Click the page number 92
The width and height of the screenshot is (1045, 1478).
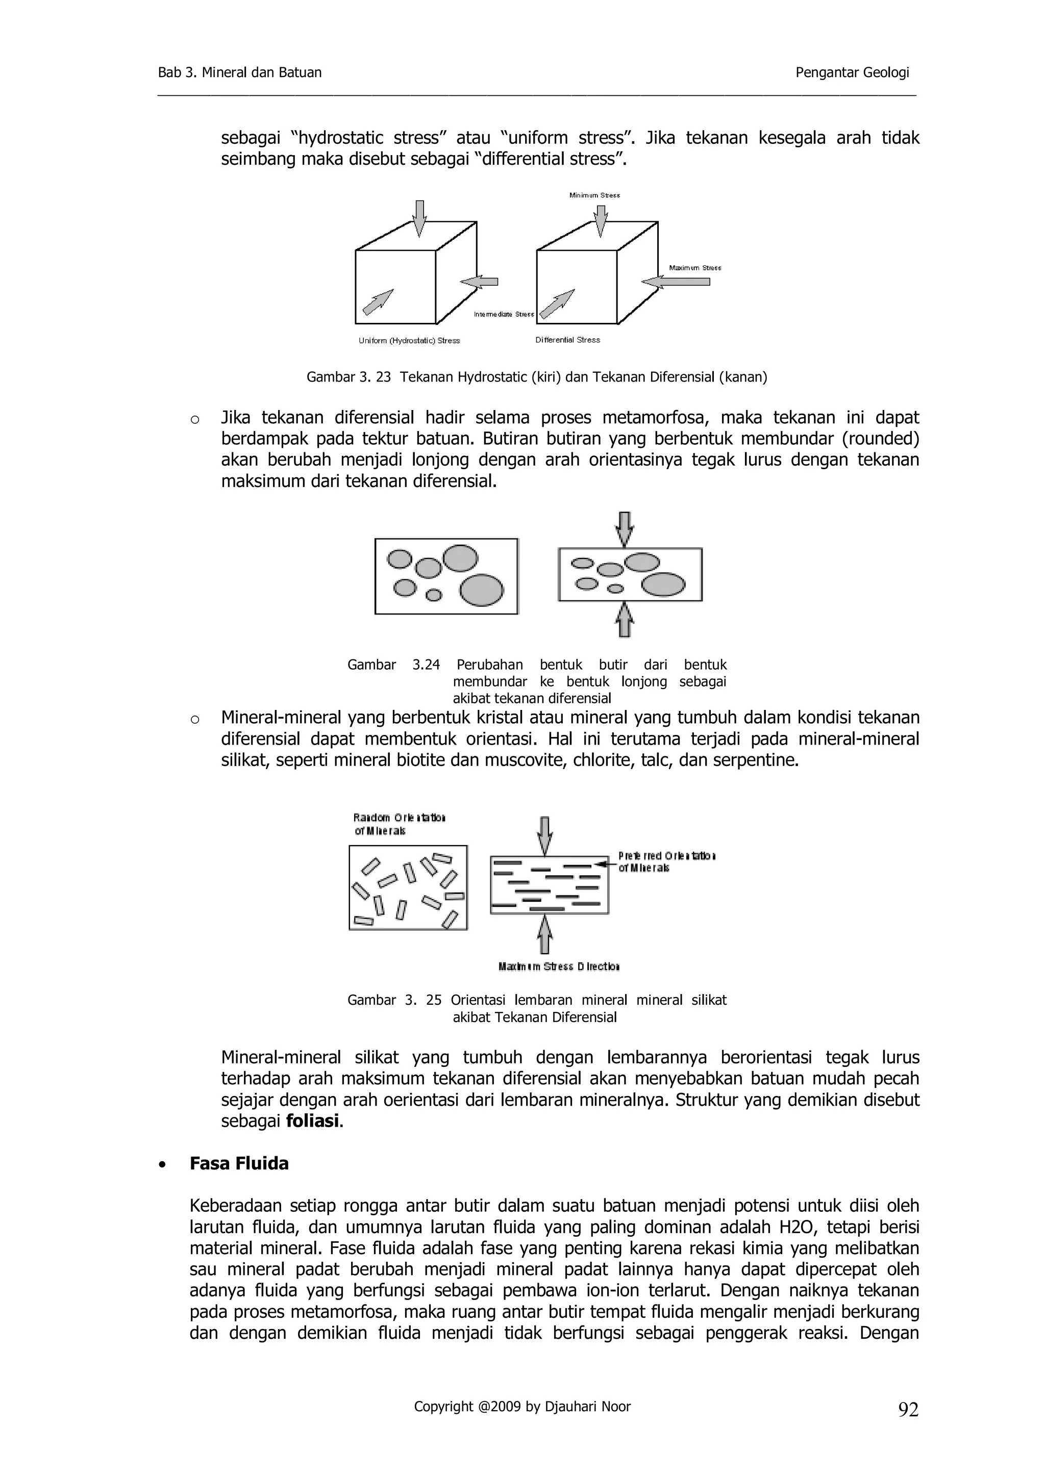pos(908,1410)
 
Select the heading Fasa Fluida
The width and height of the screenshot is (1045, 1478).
pos(239,1163)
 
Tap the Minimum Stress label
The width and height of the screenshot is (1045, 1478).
pos(594,195)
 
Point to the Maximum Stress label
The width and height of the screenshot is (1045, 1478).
pos(695,268)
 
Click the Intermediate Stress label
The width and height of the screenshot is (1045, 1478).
pos(504,314)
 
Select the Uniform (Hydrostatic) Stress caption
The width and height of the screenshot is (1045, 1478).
pos(409,341)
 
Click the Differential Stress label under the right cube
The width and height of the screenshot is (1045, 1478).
pos(567,340)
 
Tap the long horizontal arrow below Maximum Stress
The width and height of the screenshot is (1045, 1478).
pos(676,282)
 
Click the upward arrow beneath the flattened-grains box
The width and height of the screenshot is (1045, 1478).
pos(624,620)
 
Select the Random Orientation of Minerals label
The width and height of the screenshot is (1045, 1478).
pos(398,824)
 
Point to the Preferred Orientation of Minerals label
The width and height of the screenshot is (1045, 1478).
pos(666,861)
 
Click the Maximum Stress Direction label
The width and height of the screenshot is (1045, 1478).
pos(558,966)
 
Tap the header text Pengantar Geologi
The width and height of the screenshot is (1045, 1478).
pos(852,73)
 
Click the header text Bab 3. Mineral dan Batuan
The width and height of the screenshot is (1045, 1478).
pos(239,73)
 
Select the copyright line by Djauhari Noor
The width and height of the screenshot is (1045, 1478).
pos(521,1407)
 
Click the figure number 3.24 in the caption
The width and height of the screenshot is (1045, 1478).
pos(426,665)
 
